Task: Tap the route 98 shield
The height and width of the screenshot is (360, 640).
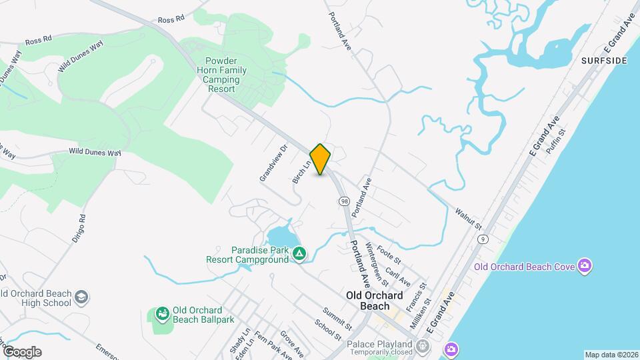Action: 344,201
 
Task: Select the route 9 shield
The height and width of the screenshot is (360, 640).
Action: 483,239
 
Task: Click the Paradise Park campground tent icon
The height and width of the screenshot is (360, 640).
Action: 300,253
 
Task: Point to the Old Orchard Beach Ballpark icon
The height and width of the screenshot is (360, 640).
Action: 162,313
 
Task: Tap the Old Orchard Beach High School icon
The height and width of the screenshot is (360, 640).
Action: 81,296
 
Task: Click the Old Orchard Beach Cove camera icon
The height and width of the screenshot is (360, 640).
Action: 585,267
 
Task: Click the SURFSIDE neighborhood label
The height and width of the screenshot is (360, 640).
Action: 604,61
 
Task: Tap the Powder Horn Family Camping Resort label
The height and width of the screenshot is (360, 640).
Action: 221,75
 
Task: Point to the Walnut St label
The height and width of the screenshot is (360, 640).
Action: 469,219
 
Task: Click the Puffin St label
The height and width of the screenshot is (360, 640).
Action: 556,141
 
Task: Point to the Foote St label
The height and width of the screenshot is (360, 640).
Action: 389,255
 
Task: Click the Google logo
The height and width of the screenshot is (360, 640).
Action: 22,351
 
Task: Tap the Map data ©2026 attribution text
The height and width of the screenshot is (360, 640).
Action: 611,355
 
